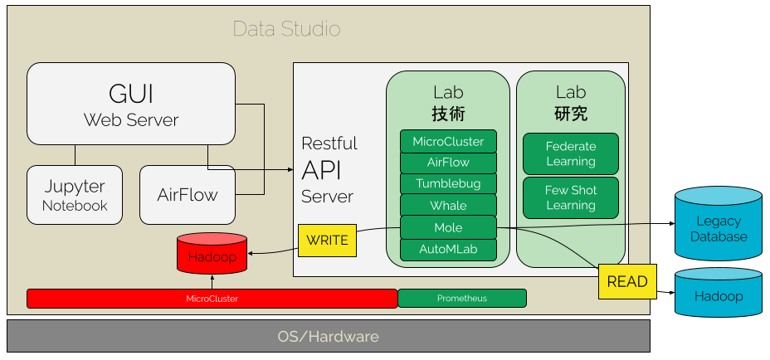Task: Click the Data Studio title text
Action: coord(286,29)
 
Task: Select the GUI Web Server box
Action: coord(130,104)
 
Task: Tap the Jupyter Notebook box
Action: coord(75,195)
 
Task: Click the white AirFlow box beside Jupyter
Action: coord(187,195)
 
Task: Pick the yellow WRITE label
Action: coord(327,241)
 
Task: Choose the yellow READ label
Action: coord(626,281)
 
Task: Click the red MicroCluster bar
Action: coord(212,299)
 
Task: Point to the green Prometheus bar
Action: coord(462,299)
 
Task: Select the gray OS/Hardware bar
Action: coord(328,337)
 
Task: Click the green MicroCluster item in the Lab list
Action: coord(448,141)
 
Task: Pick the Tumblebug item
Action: coord(448,183)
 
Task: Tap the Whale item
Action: coord(448,205)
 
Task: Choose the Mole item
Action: coord(448,227)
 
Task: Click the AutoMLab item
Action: coord(448,249)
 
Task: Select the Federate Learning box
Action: coord(571,153)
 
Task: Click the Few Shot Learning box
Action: coord(571,197)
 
